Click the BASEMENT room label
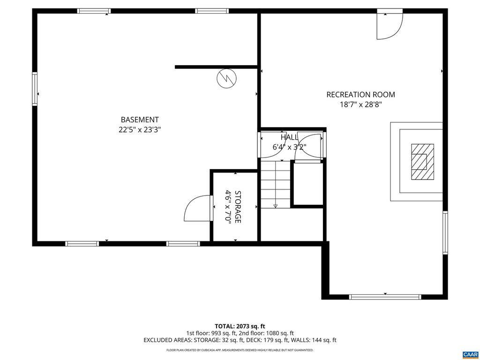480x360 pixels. coord(140,120)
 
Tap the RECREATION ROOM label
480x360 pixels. coord(360,95)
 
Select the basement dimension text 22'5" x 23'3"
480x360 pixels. coord(140,130)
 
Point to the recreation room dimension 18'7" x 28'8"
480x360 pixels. coord(360,105)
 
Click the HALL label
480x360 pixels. coord(289,137)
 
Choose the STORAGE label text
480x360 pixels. coord(238,207)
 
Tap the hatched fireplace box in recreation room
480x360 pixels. coord(422,162)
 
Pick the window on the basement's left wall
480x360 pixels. coord(35,89)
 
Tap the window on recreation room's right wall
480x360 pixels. coord(445,232)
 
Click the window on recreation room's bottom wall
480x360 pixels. coord(385,297)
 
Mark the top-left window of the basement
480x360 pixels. coord(94,11)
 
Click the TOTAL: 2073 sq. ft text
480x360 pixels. coord(240,326)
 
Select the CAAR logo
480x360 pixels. coord(469,353)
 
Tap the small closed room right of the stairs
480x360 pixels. coord(307,183)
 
